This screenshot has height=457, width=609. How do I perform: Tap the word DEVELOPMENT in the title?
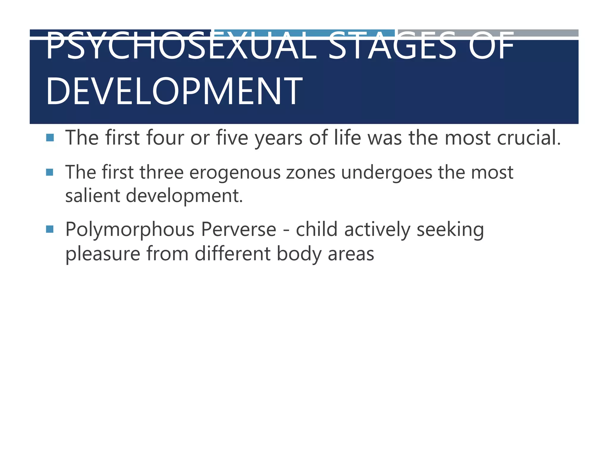[174, 91]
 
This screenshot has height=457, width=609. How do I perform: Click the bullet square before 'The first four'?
[50, 137]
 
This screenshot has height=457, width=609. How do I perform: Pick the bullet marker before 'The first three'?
[50, 172]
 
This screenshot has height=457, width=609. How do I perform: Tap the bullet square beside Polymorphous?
[50, 229]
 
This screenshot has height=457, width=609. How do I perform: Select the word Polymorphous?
[130, 230]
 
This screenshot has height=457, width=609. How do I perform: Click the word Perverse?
[238, 229]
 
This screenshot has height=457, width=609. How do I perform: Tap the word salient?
[92, 196]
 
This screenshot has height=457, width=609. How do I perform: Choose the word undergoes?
[387, 173]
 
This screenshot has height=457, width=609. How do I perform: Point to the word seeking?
[450, 230]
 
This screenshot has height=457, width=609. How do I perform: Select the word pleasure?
[103, 254]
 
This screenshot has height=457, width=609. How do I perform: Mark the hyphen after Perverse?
[286, 230]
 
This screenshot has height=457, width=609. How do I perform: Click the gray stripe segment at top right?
[488, 32]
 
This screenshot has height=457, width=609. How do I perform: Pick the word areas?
[351, 254]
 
